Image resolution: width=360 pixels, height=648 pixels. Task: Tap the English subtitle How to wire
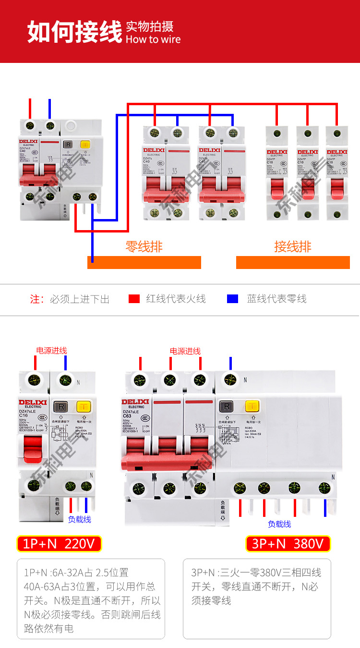pyautogui.click(x=153, y=39)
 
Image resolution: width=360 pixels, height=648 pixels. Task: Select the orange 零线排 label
pyautogui.click(x=144, y=247)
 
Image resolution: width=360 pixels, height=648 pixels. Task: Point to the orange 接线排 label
pyautogui.click(x=293, y=247)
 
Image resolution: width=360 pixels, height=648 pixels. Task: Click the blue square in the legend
pyautogui.click(x=232, y=299)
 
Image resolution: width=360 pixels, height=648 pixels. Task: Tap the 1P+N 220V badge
pyautogui.click(x=59, y=544)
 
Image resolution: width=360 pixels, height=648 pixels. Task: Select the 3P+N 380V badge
pyautogui.click(x=288, y=544)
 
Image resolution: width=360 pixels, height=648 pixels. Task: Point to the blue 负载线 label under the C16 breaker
pyautogui.click(x=79, y=519)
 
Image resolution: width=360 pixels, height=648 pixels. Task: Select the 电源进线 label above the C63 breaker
pyautogui.click(x=185, y=351)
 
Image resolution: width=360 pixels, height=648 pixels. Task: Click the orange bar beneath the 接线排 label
pyautogui.click(x=293, y=262)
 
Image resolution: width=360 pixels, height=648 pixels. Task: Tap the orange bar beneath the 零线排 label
pyautogui.click(x=144, y=262)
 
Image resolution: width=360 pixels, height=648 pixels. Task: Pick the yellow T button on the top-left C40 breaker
pyautogui.click(x=85, y=144)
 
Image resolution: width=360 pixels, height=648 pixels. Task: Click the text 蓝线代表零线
pyautogui.click(x=276, y=299)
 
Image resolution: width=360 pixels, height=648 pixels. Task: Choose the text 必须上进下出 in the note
pyautogui.click(x=80, y=299)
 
